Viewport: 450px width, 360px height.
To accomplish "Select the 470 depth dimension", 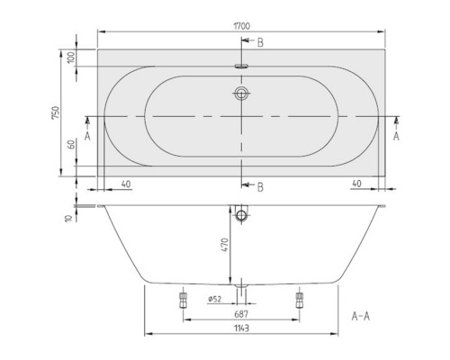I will [229, 243].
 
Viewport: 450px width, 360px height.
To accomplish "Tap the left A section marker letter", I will [86, 136].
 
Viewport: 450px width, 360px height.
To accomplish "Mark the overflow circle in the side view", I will [241, 216].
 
